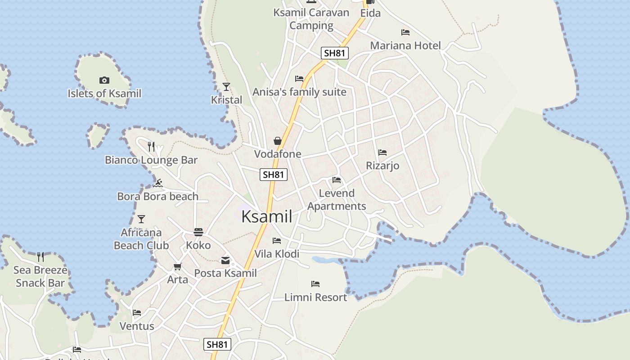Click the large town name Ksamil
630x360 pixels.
(x=267, y=216)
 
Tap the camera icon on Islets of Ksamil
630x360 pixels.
(x=104, y=81)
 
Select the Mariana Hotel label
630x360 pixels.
(x=405, y=45)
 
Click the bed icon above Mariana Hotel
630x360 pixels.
(x=405, y=32)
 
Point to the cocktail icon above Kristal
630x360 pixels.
(x=226, y=87)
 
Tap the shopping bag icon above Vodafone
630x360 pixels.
(x=278, y=141)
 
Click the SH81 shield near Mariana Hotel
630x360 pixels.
(x=335, y=53)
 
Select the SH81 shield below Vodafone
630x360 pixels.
(x=274, y=175)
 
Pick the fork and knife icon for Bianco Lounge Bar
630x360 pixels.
(x=151, y=146)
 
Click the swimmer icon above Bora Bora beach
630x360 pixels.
(x=157, y=183)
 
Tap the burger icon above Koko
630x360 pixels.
(x=198, y=232)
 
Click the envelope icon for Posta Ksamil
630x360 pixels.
(x=225, y=260)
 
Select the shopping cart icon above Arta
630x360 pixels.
(x=177, y=266)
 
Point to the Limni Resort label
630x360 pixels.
(x=315, y=297)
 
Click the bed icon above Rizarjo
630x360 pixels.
(x=382, y=153)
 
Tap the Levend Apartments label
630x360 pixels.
(x=337, y=199)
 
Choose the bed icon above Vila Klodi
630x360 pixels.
(x=277, y=241)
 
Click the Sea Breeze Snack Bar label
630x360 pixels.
(x=40, y=276)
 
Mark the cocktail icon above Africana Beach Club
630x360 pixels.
(x=141, y=219)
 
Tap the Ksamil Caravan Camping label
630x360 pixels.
(x=311, y=18)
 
